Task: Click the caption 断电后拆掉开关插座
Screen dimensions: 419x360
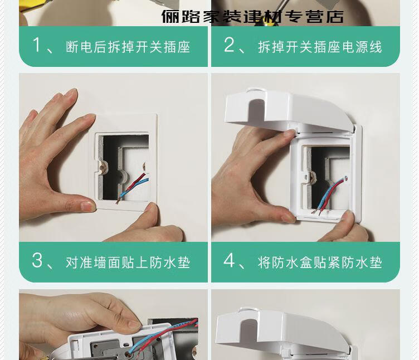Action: pos(128,47)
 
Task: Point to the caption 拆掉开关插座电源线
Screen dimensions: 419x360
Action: pos(320,47)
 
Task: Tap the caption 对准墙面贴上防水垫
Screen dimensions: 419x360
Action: pos(128,262)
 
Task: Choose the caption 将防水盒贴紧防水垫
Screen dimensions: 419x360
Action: pos(320,262)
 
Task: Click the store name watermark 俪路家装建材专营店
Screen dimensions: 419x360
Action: pos(252,17)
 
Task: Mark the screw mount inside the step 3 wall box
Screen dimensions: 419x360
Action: pos(103,168)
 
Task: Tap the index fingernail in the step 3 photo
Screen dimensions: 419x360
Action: pos(89,116)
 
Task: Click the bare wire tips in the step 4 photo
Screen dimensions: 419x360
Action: pos(316,212)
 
